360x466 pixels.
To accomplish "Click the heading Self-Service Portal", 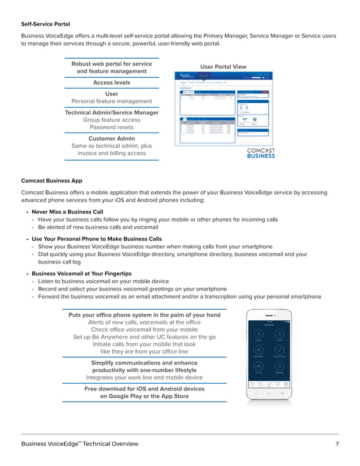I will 46,24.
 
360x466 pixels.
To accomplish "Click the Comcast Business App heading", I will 51,181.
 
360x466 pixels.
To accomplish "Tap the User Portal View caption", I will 223,66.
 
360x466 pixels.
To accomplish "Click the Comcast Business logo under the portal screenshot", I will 261,153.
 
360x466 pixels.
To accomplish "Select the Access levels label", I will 111,82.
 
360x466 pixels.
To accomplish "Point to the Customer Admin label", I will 111,138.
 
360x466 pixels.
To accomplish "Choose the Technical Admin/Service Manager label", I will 111,112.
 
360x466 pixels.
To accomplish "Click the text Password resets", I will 111,127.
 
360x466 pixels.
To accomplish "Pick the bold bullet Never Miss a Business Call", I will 67,212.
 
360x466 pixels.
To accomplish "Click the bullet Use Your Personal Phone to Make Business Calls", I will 96,239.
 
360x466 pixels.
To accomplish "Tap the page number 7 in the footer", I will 337,444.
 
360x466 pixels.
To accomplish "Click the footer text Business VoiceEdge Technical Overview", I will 80,444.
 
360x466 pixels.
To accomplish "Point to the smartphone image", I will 269,354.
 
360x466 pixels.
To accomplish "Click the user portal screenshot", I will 224,108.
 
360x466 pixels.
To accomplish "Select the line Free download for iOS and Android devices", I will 144,389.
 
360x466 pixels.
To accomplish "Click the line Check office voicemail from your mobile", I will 144,329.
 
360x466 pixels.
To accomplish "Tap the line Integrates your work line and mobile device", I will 144,377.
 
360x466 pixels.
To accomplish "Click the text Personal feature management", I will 111,101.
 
